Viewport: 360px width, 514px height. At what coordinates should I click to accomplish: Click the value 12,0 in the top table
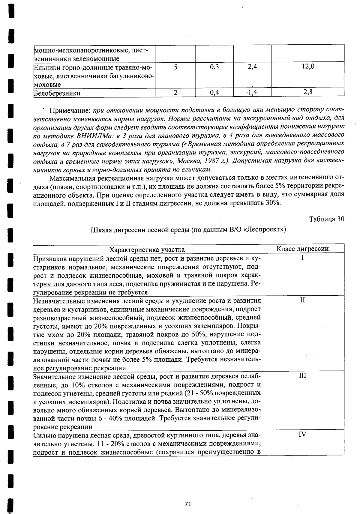pyautogui.click(x=308, y=67)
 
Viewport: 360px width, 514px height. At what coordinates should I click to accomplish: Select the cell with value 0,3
pyautogui.click(x=214, y=67)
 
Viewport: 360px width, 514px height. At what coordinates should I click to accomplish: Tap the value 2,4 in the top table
pyautogui.click(x=252, y=67)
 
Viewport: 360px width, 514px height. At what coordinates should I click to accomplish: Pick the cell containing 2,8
pyautogui.click(x=308, y=92)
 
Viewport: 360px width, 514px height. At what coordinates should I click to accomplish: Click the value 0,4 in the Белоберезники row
pyautogui.click(x=214, y=93)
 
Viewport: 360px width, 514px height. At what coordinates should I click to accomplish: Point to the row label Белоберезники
pyautogui.click(x=57, y=93)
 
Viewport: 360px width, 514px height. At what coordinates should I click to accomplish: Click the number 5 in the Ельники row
pyautogui.click(x=175, y=67)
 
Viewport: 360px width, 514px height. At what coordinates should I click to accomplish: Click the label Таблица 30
pyautogui.click(x=326, y=219)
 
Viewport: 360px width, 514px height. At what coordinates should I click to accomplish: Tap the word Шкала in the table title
pyautogui.click(x=99, y=230)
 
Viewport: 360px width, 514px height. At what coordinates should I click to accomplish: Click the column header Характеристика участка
pyautogui.click(x=147, y=250)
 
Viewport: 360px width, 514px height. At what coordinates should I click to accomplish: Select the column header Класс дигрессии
pyautogui.click(x=302, y=249)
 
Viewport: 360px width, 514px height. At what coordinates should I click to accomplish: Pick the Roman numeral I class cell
pyautogui.click(x=302, y=258)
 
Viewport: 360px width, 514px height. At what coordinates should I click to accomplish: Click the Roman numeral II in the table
pyautogui.click(x=302, y=300)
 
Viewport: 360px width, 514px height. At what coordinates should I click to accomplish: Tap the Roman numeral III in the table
pyautogui.click(x=302, y=375)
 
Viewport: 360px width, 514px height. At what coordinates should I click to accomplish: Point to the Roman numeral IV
pyautogui.click(x=302, y=434)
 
